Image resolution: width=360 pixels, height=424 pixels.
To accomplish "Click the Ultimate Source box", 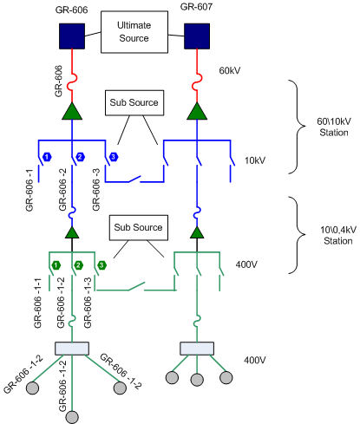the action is [x=134, y=32].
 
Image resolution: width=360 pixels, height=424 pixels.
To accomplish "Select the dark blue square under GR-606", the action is [x=72, y=36].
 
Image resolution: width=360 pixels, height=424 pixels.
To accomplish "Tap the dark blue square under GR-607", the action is [x=197, y=36].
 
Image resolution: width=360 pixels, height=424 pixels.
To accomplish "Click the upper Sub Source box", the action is [x=134, y=103].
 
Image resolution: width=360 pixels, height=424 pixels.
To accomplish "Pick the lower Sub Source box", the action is [x=139, y=227].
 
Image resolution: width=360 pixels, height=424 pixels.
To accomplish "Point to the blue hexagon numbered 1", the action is [x=47, y=157].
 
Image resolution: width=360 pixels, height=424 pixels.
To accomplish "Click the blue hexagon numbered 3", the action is [x=114, y=157].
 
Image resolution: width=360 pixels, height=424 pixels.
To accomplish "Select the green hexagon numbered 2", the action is [x=78, y=265].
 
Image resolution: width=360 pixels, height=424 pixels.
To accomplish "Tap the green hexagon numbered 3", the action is [x=101, y=265].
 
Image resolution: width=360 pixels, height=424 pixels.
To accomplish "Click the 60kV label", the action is [x=230, y=70].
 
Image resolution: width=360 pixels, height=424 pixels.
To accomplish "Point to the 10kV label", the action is [x=255, y=160].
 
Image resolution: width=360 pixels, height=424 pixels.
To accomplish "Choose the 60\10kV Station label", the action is [x=334, y=127].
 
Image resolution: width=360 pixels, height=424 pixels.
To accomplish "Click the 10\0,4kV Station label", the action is [x=338, y=235].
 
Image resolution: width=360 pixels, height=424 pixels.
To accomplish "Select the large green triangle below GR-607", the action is [x=197, y=111].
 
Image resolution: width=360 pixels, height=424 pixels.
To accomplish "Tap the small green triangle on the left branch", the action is [x=72, y=232].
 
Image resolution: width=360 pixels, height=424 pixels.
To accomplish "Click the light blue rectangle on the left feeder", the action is [x=72, y=349].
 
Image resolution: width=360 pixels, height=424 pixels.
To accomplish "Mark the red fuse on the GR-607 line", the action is [x=198, y=82].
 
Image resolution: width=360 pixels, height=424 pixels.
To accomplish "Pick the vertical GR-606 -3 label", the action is [x=96, y=189].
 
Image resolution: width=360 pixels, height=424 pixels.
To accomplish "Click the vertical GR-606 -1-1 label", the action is [x=37, y=303].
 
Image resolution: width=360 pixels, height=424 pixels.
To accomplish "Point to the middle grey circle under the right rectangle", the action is [x=197, y=380].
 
